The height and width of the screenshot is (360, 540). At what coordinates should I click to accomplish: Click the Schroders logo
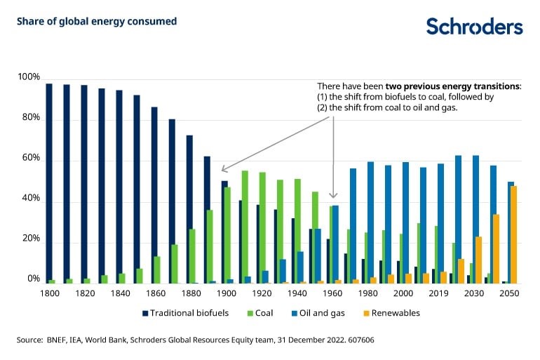(474, 27)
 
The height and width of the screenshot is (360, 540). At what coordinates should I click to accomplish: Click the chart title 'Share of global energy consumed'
(97, 21)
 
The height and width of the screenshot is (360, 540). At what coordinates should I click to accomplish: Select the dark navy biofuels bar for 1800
(49, 182)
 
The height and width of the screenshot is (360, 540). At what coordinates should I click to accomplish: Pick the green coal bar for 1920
(262, 227)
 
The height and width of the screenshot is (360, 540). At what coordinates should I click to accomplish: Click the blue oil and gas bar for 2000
(405, 222)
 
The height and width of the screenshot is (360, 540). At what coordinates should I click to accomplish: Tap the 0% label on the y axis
(33, 279)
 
